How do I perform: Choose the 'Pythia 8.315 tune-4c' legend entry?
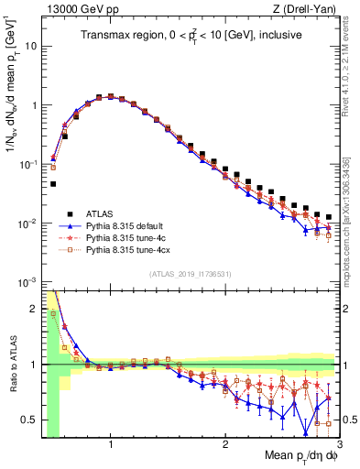(126, 235)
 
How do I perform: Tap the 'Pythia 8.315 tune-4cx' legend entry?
(128, 248)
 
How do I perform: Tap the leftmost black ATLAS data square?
(53, 184)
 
